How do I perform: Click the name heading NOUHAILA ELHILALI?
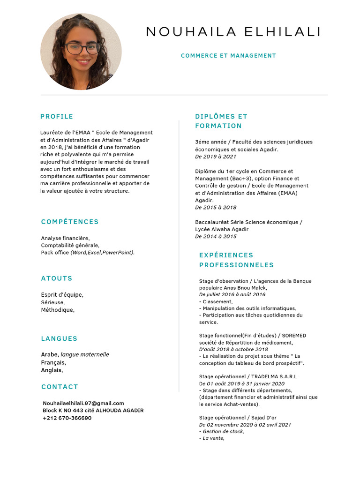[233, 32]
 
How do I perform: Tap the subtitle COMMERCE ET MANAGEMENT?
[228, 56]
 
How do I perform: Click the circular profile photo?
[81, 52]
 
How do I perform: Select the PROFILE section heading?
[57, 117]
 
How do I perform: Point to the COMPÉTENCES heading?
[70, 222]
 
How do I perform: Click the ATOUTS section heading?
[57, 278]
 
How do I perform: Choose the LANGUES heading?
[59, 338]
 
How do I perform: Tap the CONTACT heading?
[60, 387]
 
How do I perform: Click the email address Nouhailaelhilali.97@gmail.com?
[83, 403]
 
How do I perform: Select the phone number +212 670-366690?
[67, 418]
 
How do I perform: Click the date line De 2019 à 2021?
[216, 157]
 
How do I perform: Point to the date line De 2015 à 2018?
[216, 207]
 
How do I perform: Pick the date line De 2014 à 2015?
[216, 237]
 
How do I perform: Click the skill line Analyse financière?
[65, 238]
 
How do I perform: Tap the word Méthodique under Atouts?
[57, 310]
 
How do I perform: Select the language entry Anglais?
[52, 370]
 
